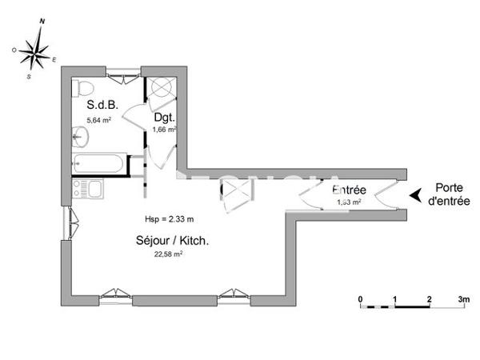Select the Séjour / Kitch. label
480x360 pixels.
click(168, 239)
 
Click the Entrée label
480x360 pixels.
click(349, 190)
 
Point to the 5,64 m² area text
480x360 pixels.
click(98, 121)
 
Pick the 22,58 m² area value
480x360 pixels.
click(168, 254)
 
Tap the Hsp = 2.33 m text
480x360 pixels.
click(169, 218)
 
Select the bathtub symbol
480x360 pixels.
click(100, 165)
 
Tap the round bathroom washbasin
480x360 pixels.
click(80, 138)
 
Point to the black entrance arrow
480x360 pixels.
click(415, 194)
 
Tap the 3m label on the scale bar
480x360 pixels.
click(463, 299)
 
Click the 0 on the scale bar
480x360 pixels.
click(361, 299)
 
